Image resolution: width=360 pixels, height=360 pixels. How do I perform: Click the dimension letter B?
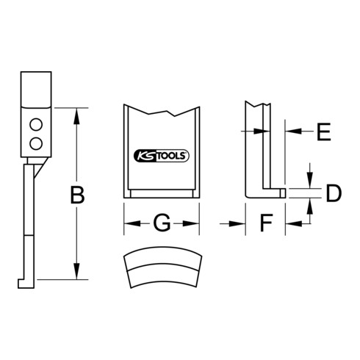77,195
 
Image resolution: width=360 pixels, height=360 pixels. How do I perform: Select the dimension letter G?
162,223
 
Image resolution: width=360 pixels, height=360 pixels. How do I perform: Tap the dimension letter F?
266,223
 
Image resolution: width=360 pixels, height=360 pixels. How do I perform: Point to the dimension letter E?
324,132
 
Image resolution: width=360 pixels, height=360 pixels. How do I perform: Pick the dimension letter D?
334,193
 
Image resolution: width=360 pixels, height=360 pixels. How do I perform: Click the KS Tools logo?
162,156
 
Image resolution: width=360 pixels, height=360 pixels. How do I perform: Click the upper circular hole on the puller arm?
36,125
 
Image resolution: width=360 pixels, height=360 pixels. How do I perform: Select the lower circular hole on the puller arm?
36,143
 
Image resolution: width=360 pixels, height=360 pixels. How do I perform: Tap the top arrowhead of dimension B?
77,115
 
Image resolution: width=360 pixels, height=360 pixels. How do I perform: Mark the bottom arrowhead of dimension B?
77,271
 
